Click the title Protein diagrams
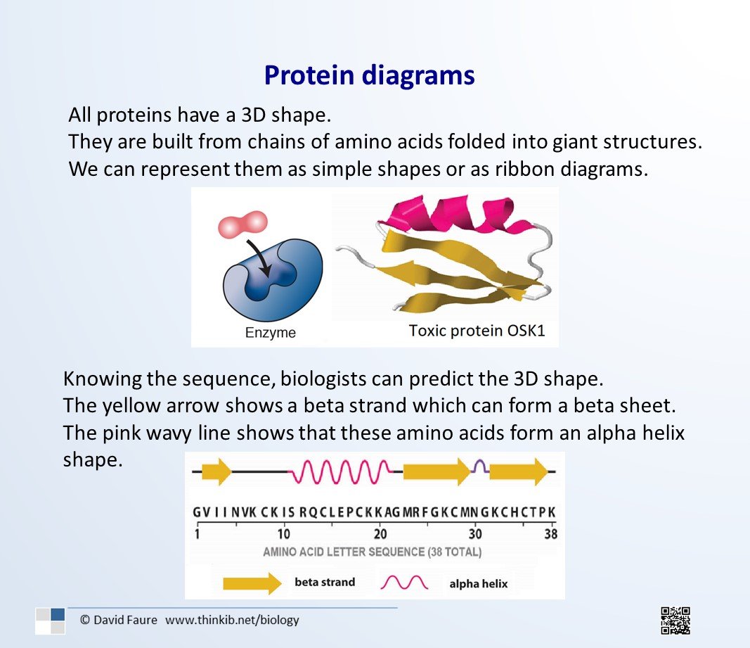point(369,76)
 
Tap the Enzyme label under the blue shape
point(270,333)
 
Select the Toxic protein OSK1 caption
point(477,331)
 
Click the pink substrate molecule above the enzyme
point(243,224)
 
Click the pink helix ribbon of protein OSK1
point(454,214)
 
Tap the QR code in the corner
point(675,621)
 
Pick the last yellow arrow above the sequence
point(519,471)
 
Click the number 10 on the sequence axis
point(284,533)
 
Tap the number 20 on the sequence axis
point(380,533)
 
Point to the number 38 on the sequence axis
point(550,533)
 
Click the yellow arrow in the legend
point(252,583)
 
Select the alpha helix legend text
point(478,584)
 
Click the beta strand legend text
point(325,583)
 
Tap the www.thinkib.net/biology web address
point(232,620)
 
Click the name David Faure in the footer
point(125,620)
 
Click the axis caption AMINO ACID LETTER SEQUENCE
point(344,552)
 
